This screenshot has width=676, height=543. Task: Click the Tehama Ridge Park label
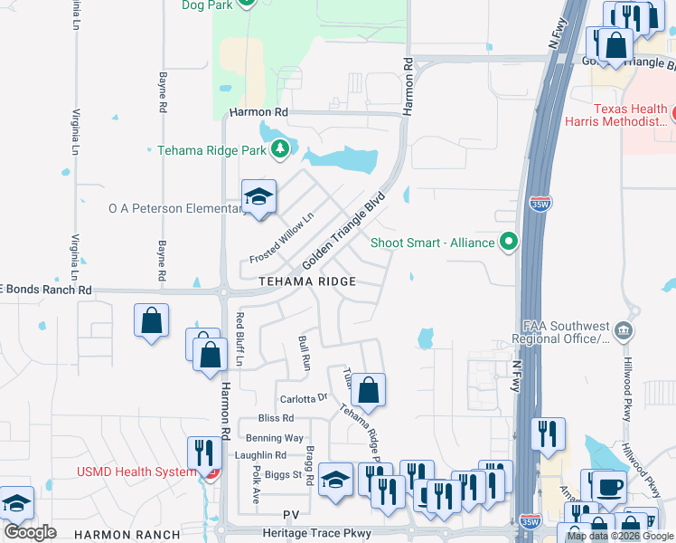pos(211,150)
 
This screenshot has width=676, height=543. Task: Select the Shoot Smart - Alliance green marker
pos(509,242)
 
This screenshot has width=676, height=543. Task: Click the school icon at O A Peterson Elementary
pos(258,196)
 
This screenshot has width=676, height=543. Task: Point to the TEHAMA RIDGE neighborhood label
pos(307,282)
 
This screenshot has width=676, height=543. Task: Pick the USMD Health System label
pos(136,472)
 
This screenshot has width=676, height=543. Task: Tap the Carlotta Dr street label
pos(302,398)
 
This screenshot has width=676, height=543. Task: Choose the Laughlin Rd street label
pos(259,455)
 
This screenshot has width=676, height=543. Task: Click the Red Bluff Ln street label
pos(240,338)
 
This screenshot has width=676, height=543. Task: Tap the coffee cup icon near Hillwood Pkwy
pos(608,486)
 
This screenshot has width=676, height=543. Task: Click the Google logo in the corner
pos(30,532)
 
